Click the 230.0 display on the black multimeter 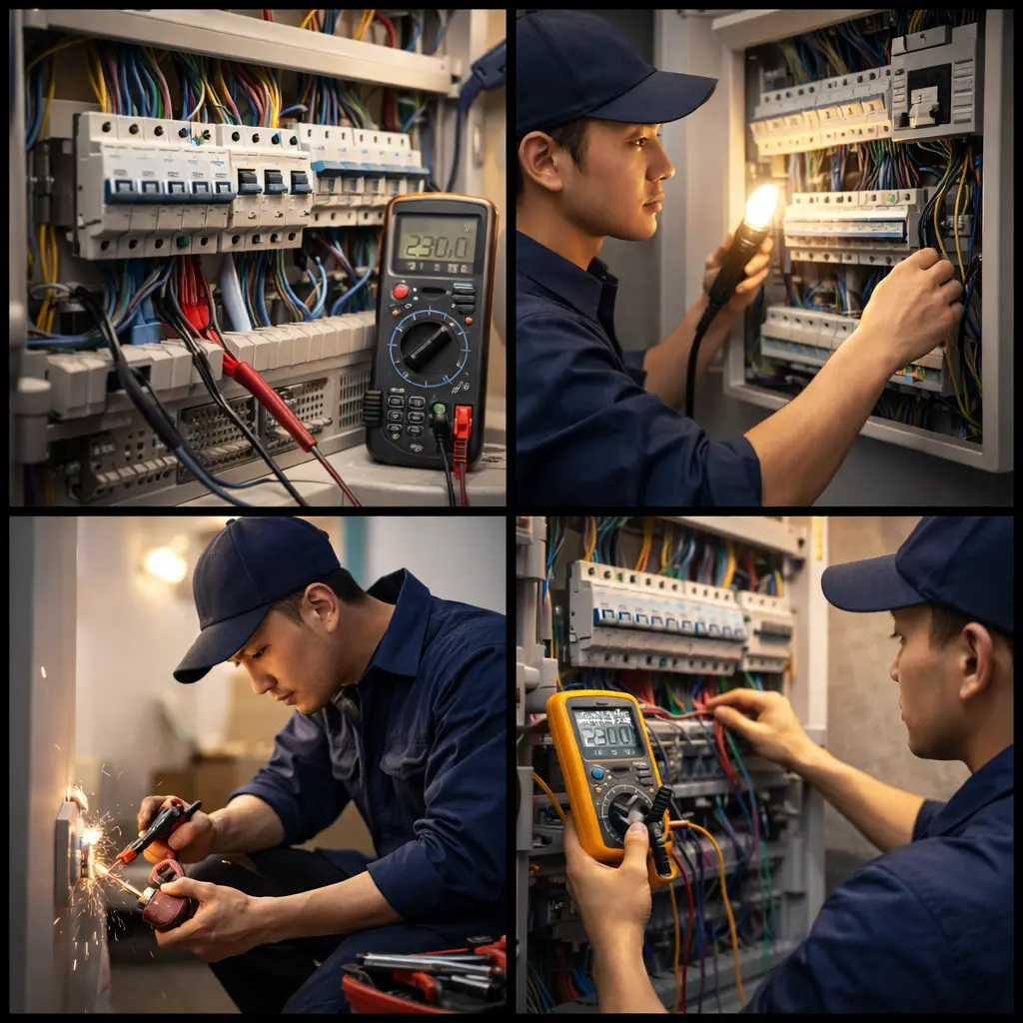pyautogui.click(x=436, y=244)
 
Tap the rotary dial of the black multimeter pyautogui.click(x=429, y=346)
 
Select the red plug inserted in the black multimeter pyautogui.click(x=462, y=424)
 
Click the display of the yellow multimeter pyautogui.click(x=604, y=733)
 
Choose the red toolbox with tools pyautogui.click(x=425, y=980)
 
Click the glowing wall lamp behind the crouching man pyautogui.click(x=165, y=564)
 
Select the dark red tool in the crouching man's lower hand pyautogui.click(x=167, y=897)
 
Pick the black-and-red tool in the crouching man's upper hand pyautogui.click(x=161, y=829)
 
